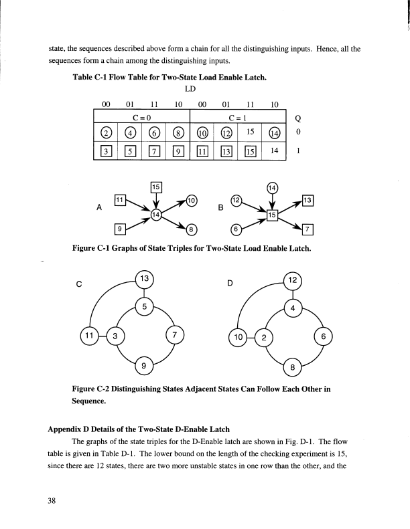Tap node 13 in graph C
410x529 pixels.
pyautogui.click(x=145, y=278)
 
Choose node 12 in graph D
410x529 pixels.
pyautogui.click(x=293, y=278)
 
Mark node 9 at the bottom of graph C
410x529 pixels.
pyautogui.click(x=145, y=366)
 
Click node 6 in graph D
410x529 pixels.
pyautogui.click(x=325, y=336)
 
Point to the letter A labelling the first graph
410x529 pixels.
pyautogui.click(x=99, y=207)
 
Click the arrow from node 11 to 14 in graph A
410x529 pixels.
pyautogui.click(x=137, y=207)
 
